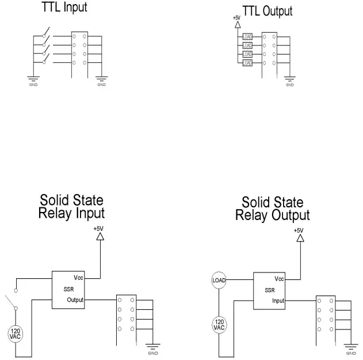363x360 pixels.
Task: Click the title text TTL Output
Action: (x=268, y=11)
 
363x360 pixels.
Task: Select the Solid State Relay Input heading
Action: (x=72, y=207)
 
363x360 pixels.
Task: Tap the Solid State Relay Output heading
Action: (x=273, y=209)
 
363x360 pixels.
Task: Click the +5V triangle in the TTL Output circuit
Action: (x=237, y=26)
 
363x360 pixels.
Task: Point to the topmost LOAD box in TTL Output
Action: (x=247, y=36)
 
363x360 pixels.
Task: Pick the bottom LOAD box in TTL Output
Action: (x=247, y=62)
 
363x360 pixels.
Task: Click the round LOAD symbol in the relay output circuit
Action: (x=219, y=280)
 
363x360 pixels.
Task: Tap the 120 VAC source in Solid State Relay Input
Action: (x=16, y=333)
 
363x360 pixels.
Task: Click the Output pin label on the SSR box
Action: (x=75, y=300)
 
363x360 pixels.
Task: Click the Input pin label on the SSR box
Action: (x=278, y=300)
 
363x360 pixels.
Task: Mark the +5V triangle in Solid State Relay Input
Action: (x=100, y=236)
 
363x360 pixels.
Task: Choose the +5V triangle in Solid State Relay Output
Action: (x=298, y=237)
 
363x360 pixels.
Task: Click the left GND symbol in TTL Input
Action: (x=33, y=78)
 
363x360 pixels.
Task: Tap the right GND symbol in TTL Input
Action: (x=101, y=78)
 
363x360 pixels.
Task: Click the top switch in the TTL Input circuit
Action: (x=45, y=32)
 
